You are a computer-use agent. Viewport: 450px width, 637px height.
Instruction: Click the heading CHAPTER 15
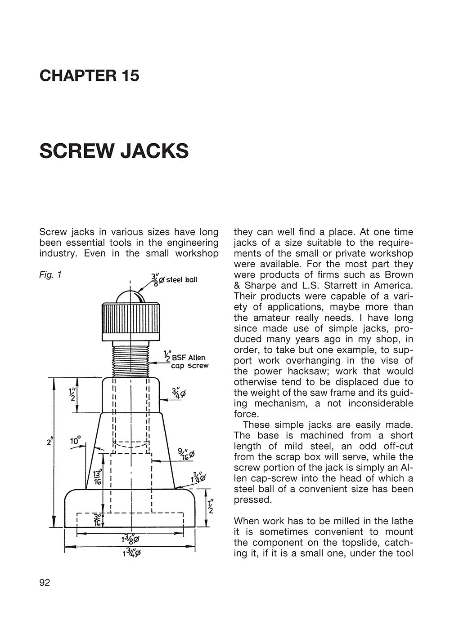coord(89,75)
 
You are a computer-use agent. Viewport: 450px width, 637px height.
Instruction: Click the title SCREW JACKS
coord(114,151)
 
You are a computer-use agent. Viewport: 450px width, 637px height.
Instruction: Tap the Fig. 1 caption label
coord(50,274)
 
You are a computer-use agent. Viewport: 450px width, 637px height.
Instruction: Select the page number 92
coord(45,583)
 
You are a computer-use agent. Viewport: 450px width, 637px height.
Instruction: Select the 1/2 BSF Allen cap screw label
coord(188,362)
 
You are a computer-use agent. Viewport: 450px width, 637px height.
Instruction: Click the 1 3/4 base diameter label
coord(131,553)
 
